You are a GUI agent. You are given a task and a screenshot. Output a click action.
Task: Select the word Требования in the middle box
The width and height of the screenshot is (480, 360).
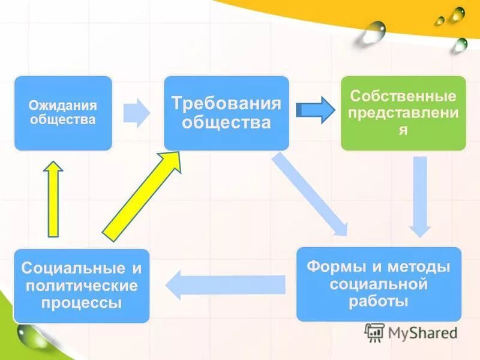226,103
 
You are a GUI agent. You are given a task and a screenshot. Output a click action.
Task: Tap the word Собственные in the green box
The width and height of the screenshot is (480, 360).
403,96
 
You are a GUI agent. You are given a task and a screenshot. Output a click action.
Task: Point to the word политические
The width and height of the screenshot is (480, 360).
81,284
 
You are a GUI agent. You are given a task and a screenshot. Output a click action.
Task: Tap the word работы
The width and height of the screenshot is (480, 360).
379,300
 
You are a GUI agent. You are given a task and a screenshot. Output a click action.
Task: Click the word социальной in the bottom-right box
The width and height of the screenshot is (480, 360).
379,283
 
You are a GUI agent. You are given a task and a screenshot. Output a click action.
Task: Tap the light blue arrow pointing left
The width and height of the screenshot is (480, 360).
225,284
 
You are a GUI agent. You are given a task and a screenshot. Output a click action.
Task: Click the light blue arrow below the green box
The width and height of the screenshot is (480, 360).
420,195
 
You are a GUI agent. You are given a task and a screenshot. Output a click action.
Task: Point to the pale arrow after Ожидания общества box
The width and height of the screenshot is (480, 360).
137,112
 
